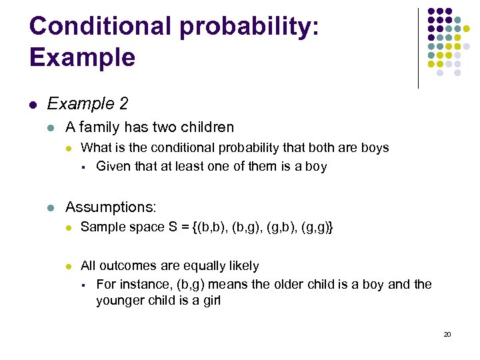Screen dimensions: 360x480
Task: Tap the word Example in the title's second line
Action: (x=82, y=57)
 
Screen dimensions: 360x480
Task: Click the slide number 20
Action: (x=447, y=334)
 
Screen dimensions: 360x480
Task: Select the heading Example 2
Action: (x=87, y=104)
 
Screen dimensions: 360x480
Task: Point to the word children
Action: (x=204, y=127)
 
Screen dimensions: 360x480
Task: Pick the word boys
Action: (x=374, y=148)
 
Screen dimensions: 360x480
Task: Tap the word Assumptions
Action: (x=109, y=207)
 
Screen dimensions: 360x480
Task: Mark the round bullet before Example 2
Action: (x=33, y=105)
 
